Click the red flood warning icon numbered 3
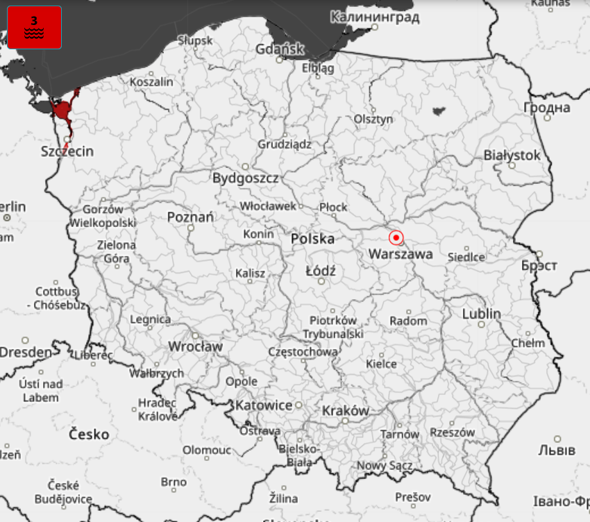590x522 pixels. click(x=34, y=28)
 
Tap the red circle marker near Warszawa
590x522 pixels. click(x=396, y=238)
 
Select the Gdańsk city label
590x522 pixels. click(x=280, y=49)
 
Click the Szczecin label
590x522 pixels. click(x=67, y=151)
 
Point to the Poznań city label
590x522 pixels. click(x=190, y=217)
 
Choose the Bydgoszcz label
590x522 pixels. click(x=245, y=178)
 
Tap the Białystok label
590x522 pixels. click(x=512, y=155)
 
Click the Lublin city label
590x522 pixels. click(x=481, y=314)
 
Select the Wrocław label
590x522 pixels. click(x=195, y=346)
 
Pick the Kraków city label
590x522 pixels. click(x=345, y=411)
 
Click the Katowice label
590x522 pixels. click(x=264, y=405)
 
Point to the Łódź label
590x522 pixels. click(x=321, y=271)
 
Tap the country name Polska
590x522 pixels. click(x=312, y=239)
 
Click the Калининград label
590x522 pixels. click(x=374, y=17)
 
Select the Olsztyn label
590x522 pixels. click(x=373, y=119)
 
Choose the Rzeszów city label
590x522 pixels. click(x=452, y=432)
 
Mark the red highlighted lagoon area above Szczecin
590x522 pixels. click(x=64, y=110)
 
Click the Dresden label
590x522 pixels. click(x=26, y=352)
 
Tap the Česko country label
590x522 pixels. click(x=90, y=435)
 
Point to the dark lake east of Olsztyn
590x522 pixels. click(x=438, y=110)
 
